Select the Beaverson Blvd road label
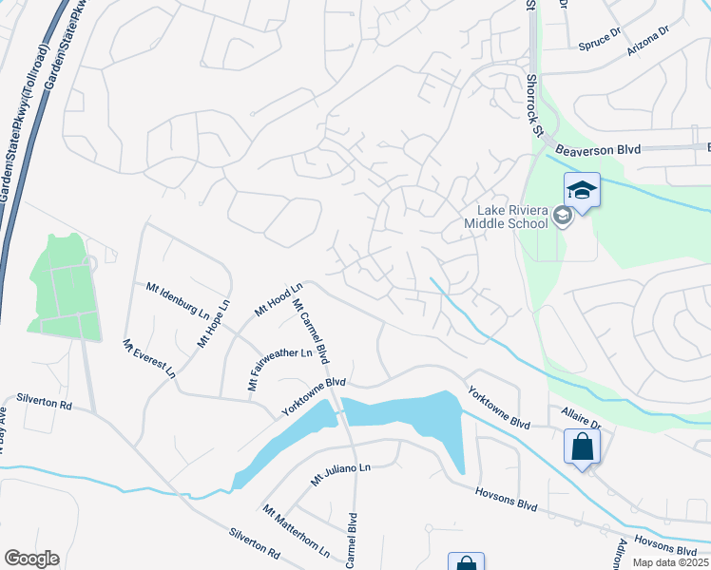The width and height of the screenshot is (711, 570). [599, 149]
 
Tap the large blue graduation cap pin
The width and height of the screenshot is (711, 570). [582, 190]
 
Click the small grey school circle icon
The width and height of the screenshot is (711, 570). [563, 217]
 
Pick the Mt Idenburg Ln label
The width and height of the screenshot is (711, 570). [178, 298]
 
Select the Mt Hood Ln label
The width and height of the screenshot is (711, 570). [278, 298]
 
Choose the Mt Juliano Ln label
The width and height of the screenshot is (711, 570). [339, 474]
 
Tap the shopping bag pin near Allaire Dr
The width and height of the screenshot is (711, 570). [582, 446]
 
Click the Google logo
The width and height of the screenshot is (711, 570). [31, 559]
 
